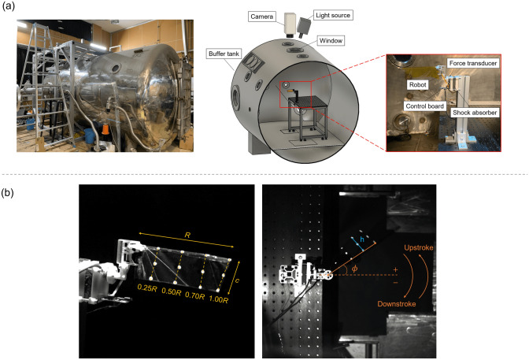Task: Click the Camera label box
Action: click(262, 17)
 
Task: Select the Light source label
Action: click(333, 15)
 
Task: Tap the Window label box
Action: click(331, 41)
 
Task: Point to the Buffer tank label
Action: click(224, 54)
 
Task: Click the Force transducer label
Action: click(473, 63)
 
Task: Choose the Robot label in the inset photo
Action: click(418, 85)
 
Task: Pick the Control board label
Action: click(425, 106)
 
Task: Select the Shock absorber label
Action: click(475, 113)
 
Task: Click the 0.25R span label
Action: click(147, 288)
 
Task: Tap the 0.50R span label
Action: click(171, 291)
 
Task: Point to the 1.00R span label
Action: click(219, 299)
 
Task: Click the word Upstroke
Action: click(418, 247)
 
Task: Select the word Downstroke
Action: click(397, 304)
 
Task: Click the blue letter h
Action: click(362, 239)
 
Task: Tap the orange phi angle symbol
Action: click(354, 269)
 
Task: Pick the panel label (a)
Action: click(9, 6)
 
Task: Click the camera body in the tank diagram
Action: click(290, 24)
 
